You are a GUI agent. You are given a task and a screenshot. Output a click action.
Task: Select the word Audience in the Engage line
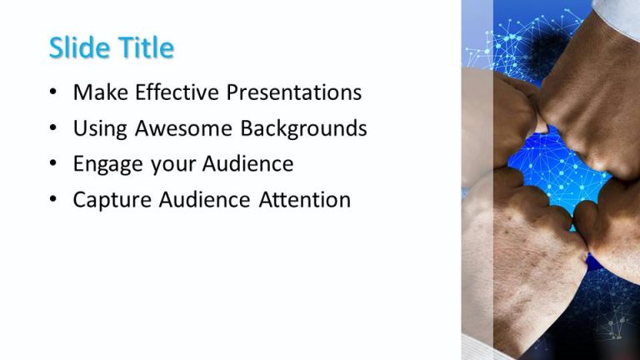click(246, 164)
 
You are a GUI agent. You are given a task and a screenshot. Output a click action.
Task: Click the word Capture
click(110, 201)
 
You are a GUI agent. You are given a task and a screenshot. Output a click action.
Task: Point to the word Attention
click(304, 201)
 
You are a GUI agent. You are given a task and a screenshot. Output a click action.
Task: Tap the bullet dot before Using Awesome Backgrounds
click(54, 129)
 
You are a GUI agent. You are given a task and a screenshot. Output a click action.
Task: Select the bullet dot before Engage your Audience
click(54, 165)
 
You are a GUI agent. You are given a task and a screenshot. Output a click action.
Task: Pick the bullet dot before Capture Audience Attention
click(54, 201)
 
